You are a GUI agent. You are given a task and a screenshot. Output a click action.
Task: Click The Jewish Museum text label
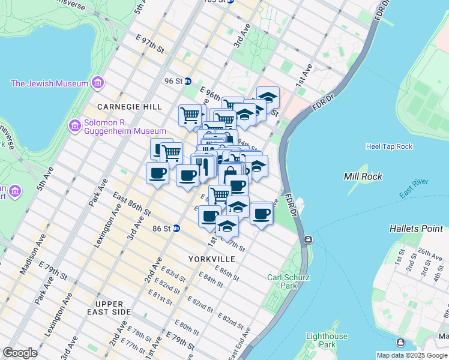click(x=49, y=84)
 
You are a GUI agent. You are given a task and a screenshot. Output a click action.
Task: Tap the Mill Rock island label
click(x=360, y=176)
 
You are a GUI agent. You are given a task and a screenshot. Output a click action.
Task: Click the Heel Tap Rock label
click(x=389, y=146)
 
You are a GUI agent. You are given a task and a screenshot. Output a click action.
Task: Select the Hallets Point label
click(x=416, y=229)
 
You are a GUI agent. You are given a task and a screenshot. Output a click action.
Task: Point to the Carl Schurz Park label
click(x=282, y=281)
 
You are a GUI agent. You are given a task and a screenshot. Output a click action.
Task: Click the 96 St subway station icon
click(x=187, y=81)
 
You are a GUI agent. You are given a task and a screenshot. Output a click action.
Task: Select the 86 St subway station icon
click(x=176, y=228)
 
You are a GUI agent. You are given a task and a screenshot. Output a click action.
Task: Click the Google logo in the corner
click(x=20, y=353)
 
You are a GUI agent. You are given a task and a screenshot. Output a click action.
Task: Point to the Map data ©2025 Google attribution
click(x=412, y=355)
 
